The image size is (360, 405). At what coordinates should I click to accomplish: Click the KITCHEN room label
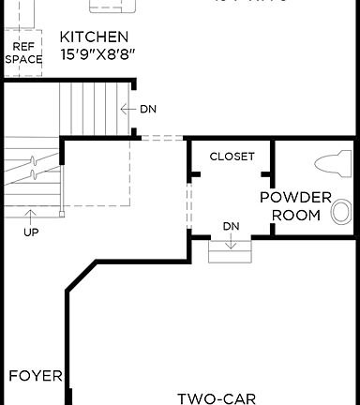point(94,37)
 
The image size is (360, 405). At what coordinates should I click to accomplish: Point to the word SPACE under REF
point(22,59)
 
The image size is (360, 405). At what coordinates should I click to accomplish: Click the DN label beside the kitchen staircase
point(148,109)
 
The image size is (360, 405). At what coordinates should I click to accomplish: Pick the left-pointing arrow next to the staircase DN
point(128,109)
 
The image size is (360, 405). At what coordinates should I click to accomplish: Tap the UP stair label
point(31,232)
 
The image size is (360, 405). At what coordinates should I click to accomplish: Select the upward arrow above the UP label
point(31,216)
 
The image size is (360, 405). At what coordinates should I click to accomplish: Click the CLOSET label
point(232,157)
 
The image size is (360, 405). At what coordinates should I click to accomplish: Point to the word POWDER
point(295,198)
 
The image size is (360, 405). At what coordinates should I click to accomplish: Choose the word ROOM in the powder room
point(295,215)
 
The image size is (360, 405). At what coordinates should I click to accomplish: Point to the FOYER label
point(36,377)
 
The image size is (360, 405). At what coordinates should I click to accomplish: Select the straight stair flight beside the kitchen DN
point(91,109)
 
